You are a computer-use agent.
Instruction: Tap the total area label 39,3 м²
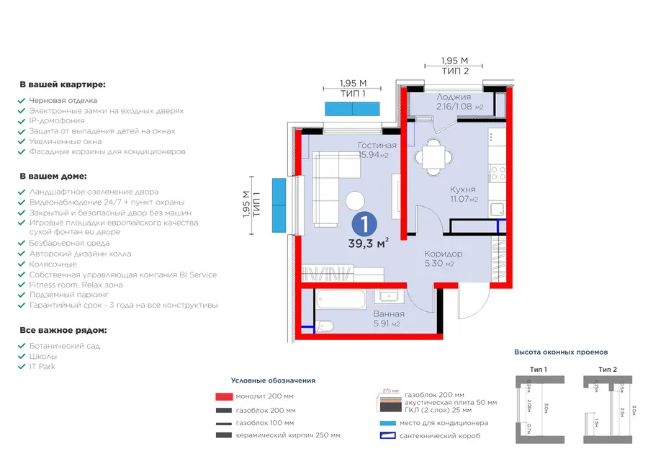tap(368, 244)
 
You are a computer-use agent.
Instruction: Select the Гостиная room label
tap(377, 146)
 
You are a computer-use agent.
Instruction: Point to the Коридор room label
tap(443, 254)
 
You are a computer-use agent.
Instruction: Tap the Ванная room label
tap(388, 314)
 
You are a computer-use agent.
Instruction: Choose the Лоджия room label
tap(454, 97)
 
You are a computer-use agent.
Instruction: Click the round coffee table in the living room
tap(354, 200)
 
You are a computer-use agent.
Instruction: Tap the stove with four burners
tap(498, 174)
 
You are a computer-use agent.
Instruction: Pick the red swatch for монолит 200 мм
tap(224, 396)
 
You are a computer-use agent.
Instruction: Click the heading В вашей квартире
tap(63, 85)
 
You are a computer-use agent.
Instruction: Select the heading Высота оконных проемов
tap(560, 352)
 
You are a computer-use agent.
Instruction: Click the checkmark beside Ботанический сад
tap(22, 347)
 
